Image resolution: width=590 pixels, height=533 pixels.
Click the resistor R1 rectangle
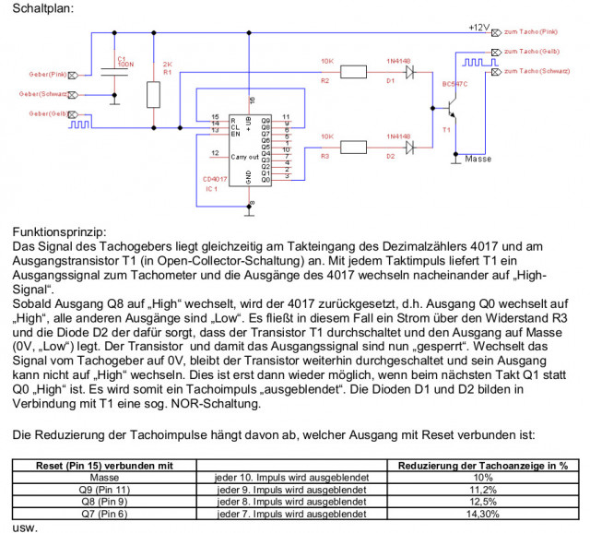154,94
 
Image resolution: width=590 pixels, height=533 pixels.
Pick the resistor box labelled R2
354,71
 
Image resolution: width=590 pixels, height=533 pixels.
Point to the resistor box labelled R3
354,146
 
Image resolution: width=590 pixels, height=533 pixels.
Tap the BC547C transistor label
455,83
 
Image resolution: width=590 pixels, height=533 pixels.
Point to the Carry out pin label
244,157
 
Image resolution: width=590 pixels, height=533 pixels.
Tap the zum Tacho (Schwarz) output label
539,71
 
